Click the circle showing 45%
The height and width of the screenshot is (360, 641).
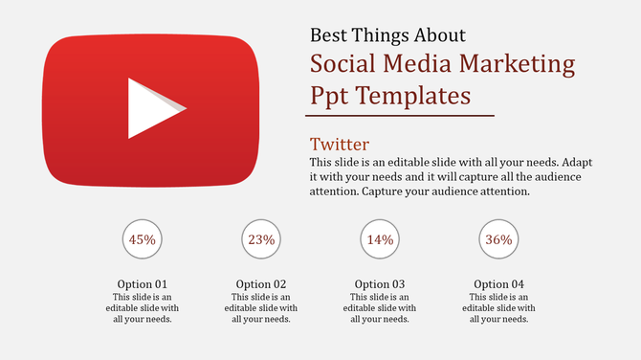coord(143,239)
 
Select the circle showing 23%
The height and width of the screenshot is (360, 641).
coord(261,239)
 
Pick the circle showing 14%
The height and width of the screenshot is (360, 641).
coord(380,239)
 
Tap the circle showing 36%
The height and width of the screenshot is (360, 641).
coord(498,239)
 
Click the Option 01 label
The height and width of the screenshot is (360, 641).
coord(143,284)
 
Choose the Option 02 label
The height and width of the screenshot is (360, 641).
coord(261,284)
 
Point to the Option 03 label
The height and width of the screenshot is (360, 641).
coord(380,284)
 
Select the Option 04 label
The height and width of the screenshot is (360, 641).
coord(498,284)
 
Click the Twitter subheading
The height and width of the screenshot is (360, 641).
coord(340,145)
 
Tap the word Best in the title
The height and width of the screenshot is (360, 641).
coord(331,35)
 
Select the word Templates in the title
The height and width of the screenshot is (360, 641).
coord(413,96)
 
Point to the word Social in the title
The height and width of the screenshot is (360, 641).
coord(345,65)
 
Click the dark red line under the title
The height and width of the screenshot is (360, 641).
coord(402,116)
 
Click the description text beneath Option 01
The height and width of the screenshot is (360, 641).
coord(143,308)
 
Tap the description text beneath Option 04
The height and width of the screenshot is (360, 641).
coord(498,308)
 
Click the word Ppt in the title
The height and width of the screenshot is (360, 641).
coord(330,96)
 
